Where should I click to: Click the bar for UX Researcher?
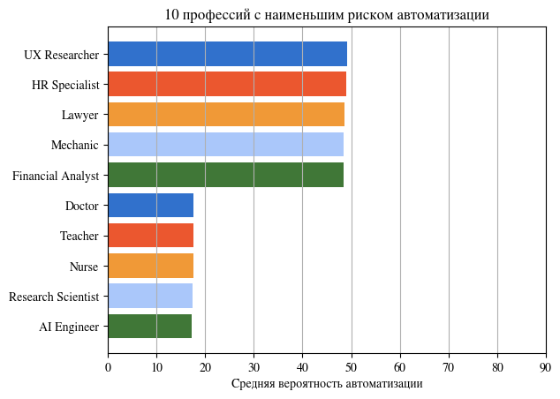[227, 55]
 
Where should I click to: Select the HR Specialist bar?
[227, 85]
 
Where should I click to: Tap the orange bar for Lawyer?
[226, 115]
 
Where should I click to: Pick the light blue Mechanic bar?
[225, 145]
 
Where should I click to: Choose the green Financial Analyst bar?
[225, 175]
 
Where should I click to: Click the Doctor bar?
[150, 206]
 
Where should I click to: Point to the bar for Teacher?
[150, 236]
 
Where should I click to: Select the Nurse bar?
[150, 266]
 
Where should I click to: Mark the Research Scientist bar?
[150, 296]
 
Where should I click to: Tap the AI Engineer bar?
[149, 327]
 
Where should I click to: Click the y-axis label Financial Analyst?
[55, 176]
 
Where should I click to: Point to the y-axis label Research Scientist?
[53, 297]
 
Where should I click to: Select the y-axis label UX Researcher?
[61, 55]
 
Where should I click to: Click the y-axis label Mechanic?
[75, 146]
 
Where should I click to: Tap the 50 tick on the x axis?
[352, 366]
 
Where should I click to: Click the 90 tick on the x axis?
[546, 366]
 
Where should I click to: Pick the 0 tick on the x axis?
[108, 366]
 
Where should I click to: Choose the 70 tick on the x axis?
[449, 366]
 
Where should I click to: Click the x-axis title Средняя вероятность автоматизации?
[327, 384]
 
